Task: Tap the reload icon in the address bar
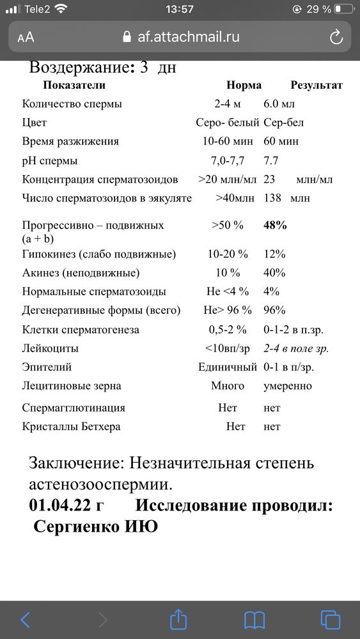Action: pos(336,37)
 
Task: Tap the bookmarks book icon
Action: pos(254,619)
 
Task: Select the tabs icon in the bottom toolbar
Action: pos(330,619)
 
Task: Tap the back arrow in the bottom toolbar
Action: pos(25,619)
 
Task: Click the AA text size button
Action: pos(26,37)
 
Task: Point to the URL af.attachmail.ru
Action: pos(188,37)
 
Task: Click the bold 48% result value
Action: pos(275,225)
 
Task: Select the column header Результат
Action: pos(317,85)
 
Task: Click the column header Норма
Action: pos(244,85)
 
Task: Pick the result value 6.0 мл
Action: pos(279,104)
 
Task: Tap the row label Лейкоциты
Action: pos(51,348)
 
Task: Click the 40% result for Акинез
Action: pos(274,273)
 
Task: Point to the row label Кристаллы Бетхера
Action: pos(71,426)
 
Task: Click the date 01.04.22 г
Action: pos(66,505)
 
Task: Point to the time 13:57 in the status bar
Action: pos(179,10)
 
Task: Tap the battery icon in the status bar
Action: pos(343,10)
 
